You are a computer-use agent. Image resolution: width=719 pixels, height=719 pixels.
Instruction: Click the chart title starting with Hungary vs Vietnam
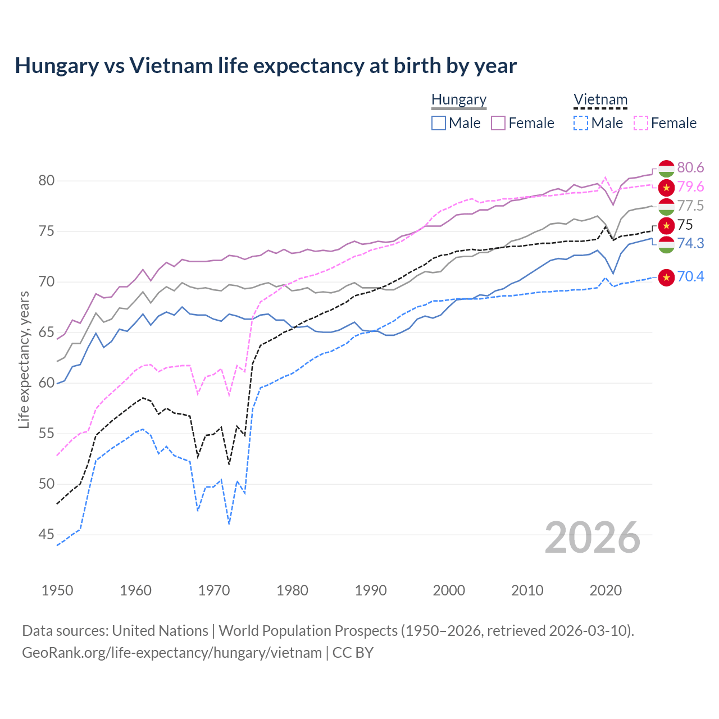pos(265,66)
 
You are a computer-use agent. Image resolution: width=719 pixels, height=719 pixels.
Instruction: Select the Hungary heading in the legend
pos(458,100)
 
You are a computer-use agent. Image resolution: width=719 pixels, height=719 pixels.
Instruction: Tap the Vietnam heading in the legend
pos(600,100)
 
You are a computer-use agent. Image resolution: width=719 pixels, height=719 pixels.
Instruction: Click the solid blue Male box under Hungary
pos(439,123)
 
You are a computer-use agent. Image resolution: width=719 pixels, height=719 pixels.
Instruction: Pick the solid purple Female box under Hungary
pos(498,123)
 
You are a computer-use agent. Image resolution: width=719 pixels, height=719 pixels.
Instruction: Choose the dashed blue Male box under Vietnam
pos(581,123)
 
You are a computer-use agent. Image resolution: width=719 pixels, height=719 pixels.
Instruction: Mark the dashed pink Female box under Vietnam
pos(640,123)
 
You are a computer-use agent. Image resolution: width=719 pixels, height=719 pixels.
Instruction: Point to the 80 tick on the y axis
pos(46,181)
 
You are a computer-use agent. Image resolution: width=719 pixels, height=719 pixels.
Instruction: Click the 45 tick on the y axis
pos(46,535)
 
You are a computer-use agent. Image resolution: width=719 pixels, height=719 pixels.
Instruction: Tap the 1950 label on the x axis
pos(57,590)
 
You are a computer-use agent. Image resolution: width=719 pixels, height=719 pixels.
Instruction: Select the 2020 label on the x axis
pos(606,590)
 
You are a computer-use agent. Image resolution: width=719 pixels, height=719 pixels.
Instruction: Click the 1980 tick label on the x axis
pos(292,590)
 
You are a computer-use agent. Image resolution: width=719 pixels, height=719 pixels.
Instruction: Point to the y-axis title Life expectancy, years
pos(24,359)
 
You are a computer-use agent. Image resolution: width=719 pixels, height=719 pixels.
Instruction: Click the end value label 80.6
pos(690,168)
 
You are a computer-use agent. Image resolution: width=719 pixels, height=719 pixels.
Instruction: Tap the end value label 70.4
pos(690,277)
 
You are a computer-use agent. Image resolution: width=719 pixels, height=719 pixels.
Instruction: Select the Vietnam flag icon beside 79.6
pos(666,187)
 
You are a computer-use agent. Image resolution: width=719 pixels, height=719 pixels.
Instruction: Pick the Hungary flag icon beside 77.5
pos(666,206)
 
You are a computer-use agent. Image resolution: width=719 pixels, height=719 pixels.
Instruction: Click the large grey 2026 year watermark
pos(592,538)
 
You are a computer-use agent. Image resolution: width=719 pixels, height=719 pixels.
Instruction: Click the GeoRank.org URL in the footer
pos(171,653)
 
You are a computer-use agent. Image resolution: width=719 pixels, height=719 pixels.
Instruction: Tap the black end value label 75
pos(685,225)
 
